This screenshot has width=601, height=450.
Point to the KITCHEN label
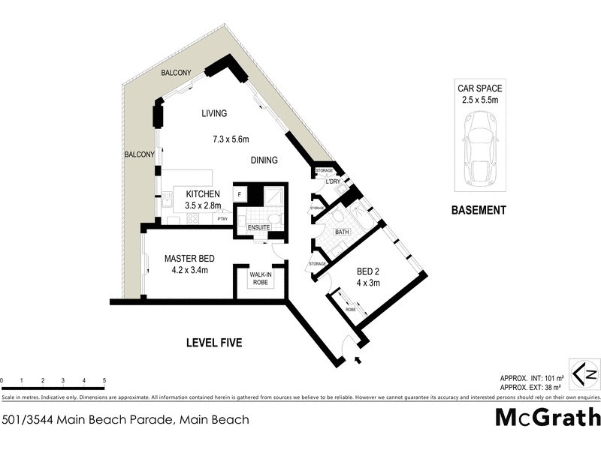pyautogui.click(x=203, y=194)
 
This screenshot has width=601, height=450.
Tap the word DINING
pyautogui.click(x=264, y=160)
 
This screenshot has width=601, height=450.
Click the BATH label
pyautogui.click(x=343, y=232)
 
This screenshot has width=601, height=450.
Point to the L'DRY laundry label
pyautogui.click(x=334, y=182)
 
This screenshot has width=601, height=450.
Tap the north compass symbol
pyautogui.click(x=584, y=373)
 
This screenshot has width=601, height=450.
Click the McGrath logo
pyautogui.click(x=548, y=417)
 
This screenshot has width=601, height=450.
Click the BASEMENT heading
pyautogui.click(x=479, y=211)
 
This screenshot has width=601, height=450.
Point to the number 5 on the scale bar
pyautogui.click(x=104, y=381)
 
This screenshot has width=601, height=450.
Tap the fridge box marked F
pyautogui.click(x=239, y=193)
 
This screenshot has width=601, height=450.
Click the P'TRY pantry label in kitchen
pyautogui.click(x=222, y=219)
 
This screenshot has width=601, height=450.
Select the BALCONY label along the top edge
pyautogui.click(x=176, y=73)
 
